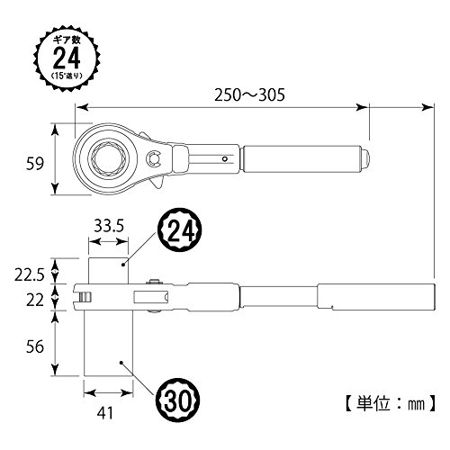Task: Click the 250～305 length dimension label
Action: (x=249, y=95)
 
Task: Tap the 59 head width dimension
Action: (x=35, y=164)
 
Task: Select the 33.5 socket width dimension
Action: (x=109, y=226)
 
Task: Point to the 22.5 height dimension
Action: (x=30, y=275)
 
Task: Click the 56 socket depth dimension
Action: (x=35, y=346)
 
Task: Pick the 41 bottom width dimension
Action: (x=105, y=413)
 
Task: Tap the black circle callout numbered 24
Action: (x=179, y=230)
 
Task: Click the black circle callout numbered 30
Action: (x=178, y=400)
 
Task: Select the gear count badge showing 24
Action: (x=67, y=58)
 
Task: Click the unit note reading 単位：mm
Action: (x=390, y=404)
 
